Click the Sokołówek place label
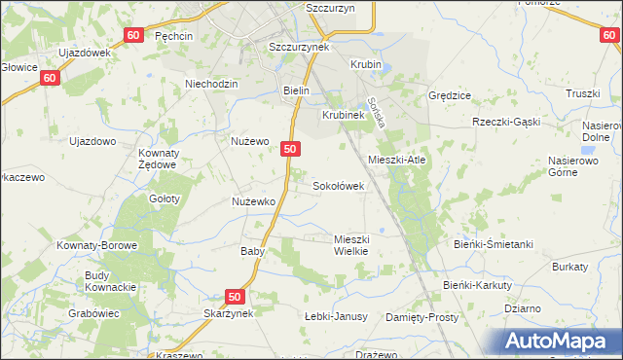pos(338,185)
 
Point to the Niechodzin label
pos(211,84)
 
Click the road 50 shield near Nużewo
pos(290,149)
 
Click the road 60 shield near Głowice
pos(52,76)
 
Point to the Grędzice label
pos(450,96)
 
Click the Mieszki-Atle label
pos(397,160)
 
